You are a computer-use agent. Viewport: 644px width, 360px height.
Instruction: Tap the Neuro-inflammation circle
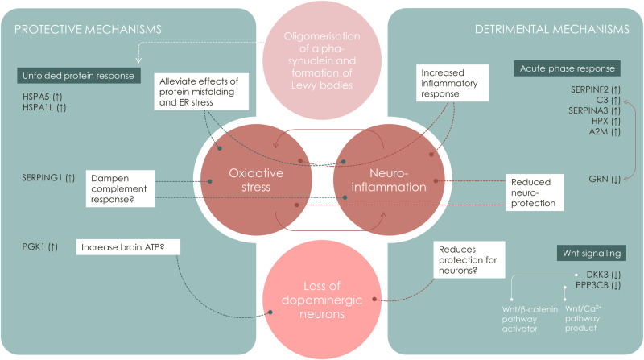(x=384, y=180)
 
